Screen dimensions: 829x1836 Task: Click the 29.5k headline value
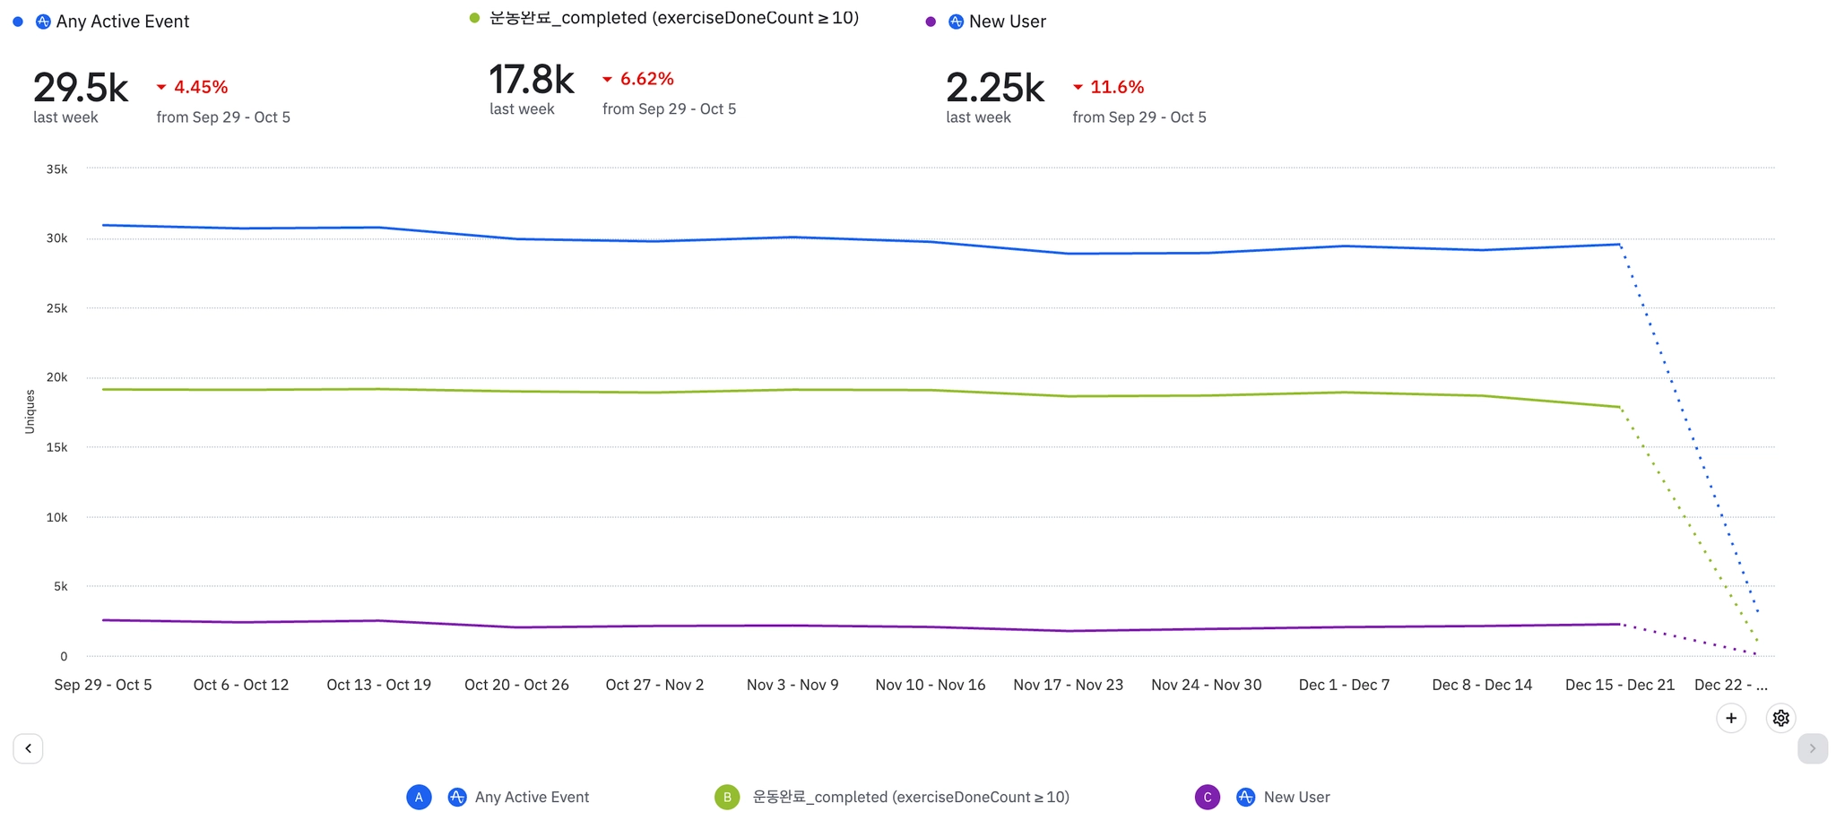pyautogui.click(x=81, y=88)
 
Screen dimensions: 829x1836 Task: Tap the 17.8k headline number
pyautogui.click(x=532, y=80)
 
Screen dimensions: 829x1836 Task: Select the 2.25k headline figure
pyautogui.click(x=995, y=88)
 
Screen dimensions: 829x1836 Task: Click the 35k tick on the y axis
pyautogui.click(x=56, y=168)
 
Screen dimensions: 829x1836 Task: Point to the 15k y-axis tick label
pyautogui.click(x=56, y=447)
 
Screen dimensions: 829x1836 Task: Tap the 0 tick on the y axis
pyautogui.click(x=64, y=656)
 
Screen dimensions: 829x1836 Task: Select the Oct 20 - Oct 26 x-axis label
pyautogui.click(x=516, y=685)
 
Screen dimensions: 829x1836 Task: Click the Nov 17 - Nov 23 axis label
pyautogui.click(x=1068, y=685)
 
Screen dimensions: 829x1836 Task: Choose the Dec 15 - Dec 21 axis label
pyautogui.click(x=1619, y=685)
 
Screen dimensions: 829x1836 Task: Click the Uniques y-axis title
pyautogui.click(x=30, y=411)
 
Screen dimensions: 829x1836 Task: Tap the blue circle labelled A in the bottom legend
pyautogui.click(x=419, y=797)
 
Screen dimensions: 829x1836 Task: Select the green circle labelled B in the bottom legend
pyautogui.click(x=727, y=797)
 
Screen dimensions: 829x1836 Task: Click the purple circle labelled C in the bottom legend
pyautogui.click(x=1208, y=797)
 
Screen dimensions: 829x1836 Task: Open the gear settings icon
pyautogui.click(x=1780, y=718)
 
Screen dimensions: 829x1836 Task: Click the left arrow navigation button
pyautogui.click(x=28, y=748)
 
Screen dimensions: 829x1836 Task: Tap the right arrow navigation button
pyautogui.click(x=1812, y=748)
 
